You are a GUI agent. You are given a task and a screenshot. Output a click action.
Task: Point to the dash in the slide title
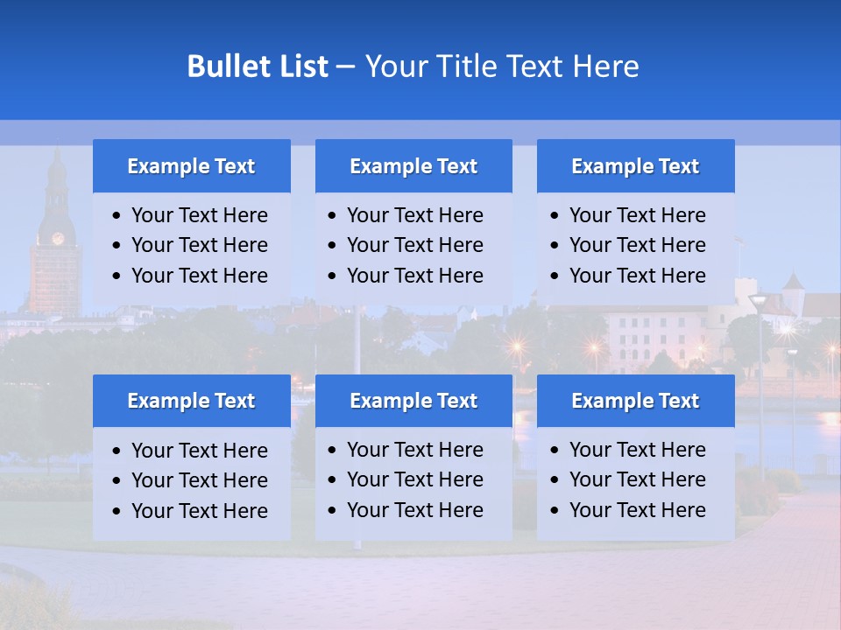point(346,67)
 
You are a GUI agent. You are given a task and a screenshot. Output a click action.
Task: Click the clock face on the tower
point(58,238)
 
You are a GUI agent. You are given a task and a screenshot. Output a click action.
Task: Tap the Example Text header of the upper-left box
point(191,166)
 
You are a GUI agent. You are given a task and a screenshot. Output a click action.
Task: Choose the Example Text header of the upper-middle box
point(413,166)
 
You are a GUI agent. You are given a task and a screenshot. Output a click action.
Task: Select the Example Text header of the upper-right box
point(635,166)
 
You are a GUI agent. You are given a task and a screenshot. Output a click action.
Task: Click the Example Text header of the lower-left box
point(191,401)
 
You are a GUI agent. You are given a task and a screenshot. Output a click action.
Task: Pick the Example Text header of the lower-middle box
point(413,401)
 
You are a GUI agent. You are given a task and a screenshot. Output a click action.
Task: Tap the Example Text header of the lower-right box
point(635,401)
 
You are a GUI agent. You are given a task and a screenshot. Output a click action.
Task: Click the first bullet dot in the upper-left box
point(117,216)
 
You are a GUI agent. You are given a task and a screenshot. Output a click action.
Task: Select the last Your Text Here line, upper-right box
point(637,275)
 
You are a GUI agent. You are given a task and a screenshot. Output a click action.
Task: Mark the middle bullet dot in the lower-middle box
point(333,480)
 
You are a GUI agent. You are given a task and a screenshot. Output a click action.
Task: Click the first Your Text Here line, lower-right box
point(637,450)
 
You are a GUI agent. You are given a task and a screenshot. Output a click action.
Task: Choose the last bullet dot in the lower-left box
point(117,511)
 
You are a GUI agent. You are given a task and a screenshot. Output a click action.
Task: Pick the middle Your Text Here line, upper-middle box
point(414,245)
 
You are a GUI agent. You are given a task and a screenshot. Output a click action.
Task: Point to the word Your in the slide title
point(394,66)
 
